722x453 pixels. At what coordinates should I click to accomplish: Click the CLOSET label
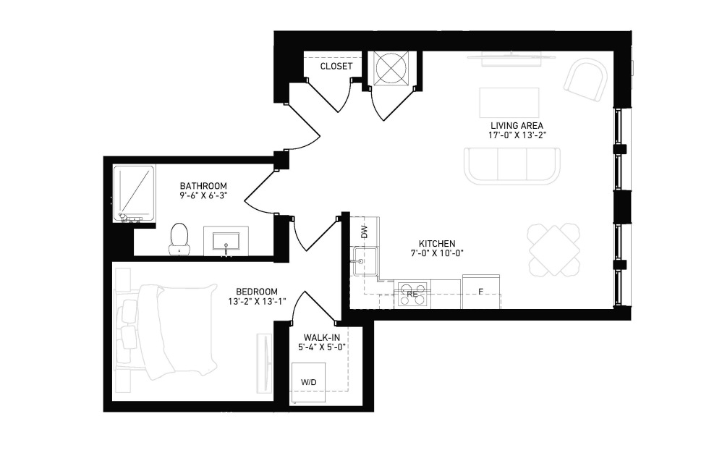(336, 67)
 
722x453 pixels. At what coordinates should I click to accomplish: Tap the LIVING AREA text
(517, 125)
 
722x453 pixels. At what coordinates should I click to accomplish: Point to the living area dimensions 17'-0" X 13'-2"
(517, 135)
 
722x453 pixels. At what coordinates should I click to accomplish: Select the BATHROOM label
(203, 186)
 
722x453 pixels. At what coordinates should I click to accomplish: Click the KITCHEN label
(437, 244)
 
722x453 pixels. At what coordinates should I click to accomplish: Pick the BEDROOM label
(257, 292)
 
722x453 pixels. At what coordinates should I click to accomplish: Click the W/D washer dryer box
(308, 381)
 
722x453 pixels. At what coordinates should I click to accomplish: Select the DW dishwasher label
(365, 232)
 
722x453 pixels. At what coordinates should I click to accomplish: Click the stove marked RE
(412, 294)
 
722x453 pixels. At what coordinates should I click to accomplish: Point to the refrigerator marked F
(480, 292)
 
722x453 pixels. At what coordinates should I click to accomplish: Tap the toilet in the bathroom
(179, 239)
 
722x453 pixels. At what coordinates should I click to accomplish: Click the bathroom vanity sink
(226, 241)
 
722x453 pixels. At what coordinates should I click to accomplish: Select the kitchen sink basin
(365, 261)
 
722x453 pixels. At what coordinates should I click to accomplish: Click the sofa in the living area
(512, 166)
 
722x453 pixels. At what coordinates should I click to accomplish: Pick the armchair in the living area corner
(586, 80)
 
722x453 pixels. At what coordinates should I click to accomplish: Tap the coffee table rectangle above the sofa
(509, 103)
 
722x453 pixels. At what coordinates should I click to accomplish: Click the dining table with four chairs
(553, 250)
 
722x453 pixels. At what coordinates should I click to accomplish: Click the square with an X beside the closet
(390, 68)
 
